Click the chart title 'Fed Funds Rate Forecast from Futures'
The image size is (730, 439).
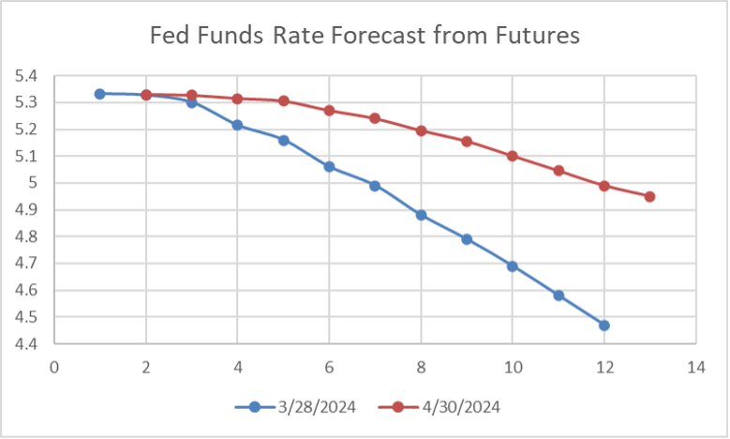point(365,37)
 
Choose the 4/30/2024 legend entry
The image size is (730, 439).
point(437,407)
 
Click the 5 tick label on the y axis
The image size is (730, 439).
point(36,183)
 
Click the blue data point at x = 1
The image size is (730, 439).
point(100,94)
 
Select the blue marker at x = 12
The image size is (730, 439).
point(603,325)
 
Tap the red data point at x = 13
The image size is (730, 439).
point(649,196)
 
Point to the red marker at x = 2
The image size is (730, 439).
point(146,95)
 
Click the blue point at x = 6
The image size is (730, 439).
point(329,166)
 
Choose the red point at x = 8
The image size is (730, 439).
point(421,130)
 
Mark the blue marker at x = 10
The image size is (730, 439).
point(513,265)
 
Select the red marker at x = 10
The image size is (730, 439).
point(513,156)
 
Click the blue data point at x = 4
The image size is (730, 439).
point(238,125)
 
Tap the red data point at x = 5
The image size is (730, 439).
point(283,100)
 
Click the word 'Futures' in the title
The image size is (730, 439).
point(537,37)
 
